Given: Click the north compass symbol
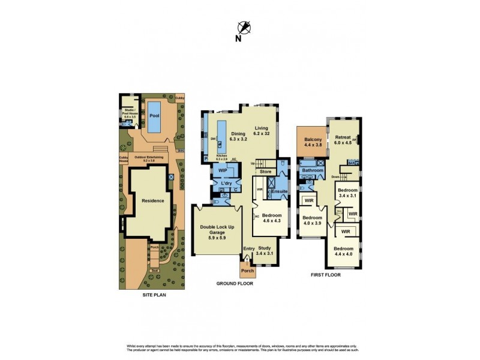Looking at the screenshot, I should [x=243, y=27].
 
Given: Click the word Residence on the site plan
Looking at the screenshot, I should [x=152, y=200].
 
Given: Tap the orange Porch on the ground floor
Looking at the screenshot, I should [x=247, y=270].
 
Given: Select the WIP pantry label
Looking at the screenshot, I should [x=223, y=170].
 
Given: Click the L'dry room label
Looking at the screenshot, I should [x=226, y=184].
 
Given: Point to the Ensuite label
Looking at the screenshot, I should [x=278, y=192].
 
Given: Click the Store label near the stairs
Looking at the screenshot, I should [x=266, y=172].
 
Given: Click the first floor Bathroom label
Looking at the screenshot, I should [x=313, y=170].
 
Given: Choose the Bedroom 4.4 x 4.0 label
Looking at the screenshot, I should [x=344, y=252].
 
